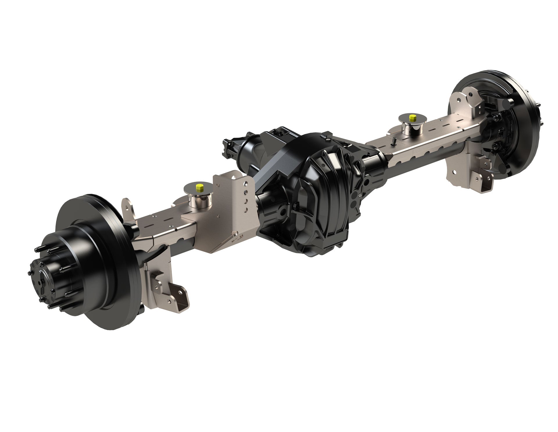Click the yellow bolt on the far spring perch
coord(412,118)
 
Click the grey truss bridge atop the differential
coord(273,169)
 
